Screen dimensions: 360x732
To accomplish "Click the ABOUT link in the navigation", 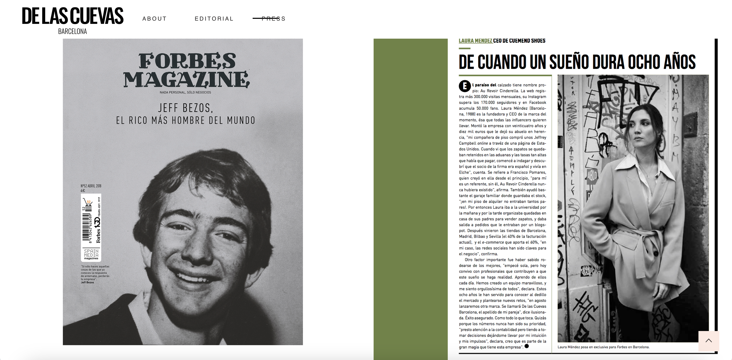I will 154,19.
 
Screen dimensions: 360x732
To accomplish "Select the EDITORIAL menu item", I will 214,19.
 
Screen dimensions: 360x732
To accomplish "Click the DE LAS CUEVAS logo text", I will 73,16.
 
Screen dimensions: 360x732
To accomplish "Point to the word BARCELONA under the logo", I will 72,32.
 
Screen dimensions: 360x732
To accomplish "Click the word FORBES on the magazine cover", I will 187,61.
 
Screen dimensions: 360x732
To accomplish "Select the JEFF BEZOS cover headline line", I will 185,108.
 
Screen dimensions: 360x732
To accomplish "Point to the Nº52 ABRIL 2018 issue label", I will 91,186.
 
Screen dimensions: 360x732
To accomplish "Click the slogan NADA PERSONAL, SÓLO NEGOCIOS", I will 185,92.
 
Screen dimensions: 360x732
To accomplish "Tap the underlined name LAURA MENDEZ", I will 475,41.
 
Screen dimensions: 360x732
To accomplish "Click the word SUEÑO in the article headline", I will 572,62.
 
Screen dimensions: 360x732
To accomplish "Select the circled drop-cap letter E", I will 465,86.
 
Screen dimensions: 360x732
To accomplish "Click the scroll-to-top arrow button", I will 708,340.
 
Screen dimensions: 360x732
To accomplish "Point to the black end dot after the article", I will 527,346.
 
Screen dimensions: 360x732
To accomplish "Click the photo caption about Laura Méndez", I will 603,347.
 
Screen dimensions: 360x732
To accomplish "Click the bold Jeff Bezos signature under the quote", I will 87,282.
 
